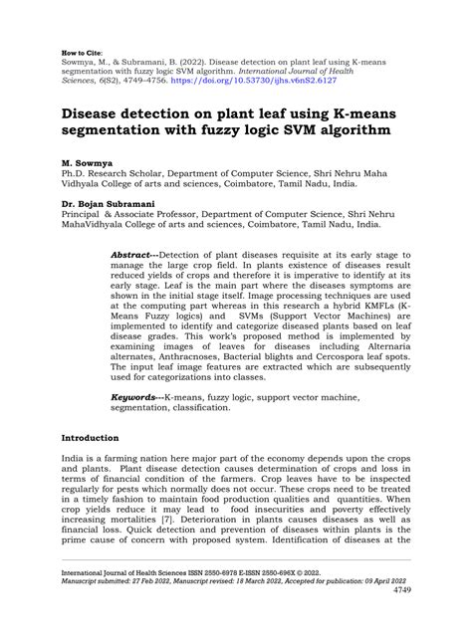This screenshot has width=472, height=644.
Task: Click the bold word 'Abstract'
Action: coord(133,254)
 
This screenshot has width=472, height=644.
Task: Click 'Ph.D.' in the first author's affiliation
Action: coord(76,170)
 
